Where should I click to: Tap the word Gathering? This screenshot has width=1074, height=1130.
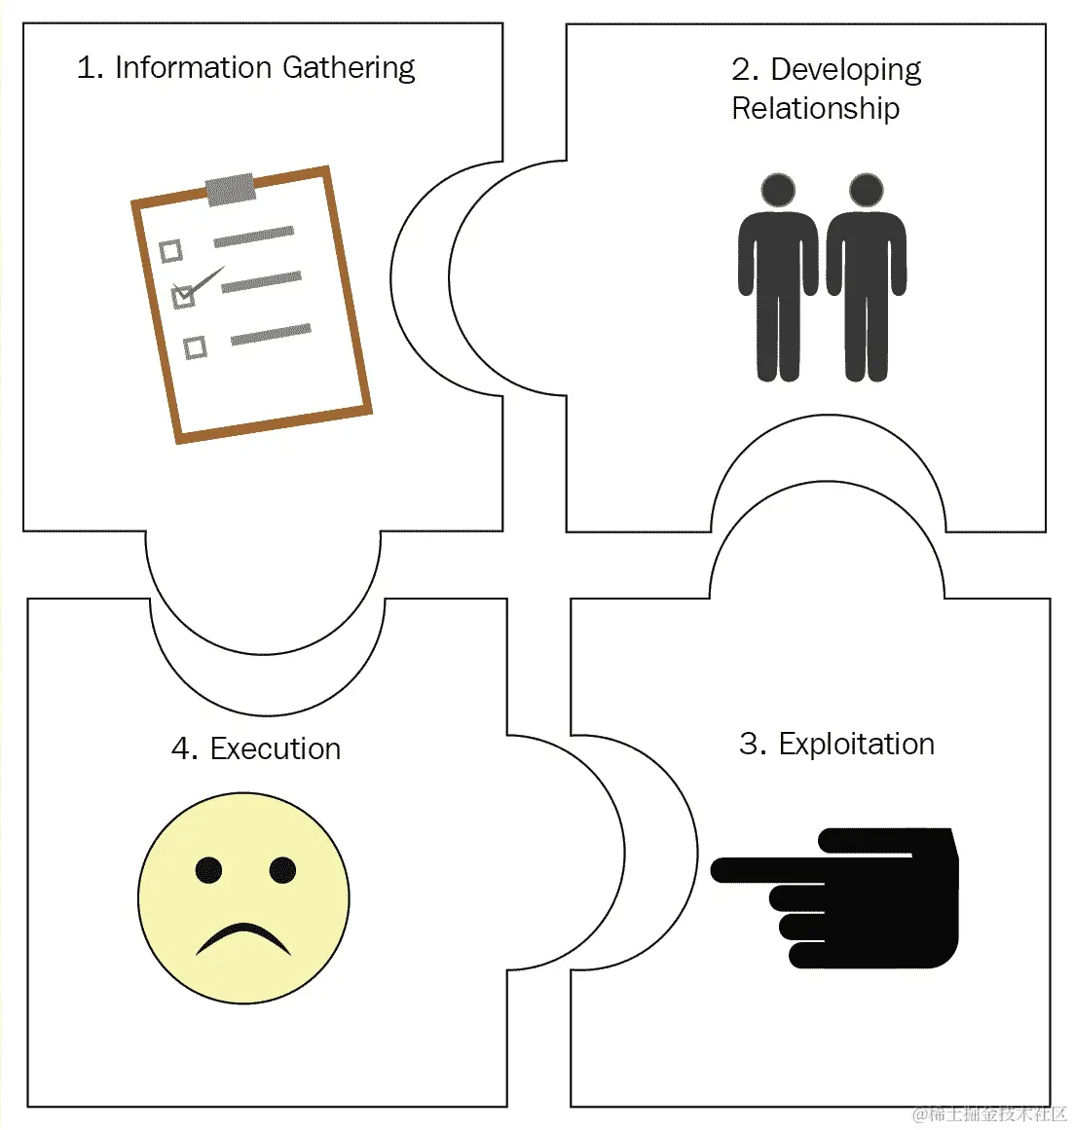(x=349, y=68)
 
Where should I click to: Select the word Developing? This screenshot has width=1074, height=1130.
(x=845, y=69)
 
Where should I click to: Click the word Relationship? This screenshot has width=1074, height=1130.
(x=815, y=108)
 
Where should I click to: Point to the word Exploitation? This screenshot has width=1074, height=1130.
(x=856, y=744)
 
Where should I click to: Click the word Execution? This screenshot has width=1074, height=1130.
(x=275, y=748)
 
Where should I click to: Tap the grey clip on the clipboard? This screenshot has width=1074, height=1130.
(x=231, y=189)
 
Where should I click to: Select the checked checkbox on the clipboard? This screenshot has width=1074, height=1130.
(x=183, y=296)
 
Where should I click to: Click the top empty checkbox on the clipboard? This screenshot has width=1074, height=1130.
(x=170, y=251)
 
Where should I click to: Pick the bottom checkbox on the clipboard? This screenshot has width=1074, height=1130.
(x=195, y=347)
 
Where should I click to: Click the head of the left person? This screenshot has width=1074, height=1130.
(x=778, y=191)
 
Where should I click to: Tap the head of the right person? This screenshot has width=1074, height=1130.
(x=866, y=191)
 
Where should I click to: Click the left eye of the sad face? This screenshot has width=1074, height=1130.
(x=208, y=870)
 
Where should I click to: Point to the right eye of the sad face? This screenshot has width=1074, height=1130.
(x=282, y=869)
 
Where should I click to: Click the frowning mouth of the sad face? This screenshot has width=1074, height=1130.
(x=243, y=937)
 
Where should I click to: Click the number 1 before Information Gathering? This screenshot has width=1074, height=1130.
(x=88, y=67)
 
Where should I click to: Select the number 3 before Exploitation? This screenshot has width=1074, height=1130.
(x=751, y=744)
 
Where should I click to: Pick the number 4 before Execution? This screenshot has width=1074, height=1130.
(x=182, y=748)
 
